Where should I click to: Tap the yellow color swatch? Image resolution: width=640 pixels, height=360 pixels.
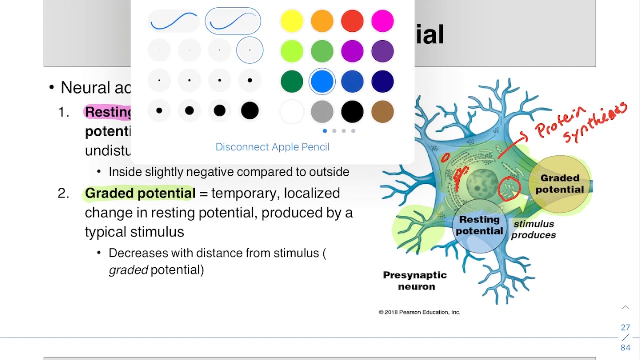[x=292, y=21]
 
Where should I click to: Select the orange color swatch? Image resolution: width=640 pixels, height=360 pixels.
[x=322, y=21]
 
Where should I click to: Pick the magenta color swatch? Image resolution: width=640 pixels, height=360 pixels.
[x=383, y=21]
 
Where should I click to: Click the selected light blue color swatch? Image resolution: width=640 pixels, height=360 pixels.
[x=322, y=81]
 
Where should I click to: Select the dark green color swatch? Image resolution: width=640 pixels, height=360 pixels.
[x=292, y=81]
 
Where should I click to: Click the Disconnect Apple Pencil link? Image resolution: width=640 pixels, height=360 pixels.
[x=272, y=147]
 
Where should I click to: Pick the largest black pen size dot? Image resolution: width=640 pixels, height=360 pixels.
[x=250, y=111]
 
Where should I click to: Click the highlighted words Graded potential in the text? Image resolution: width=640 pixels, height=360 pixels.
[x=140, y=193]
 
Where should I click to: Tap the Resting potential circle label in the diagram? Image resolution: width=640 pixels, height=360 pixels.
[x=479, y=225]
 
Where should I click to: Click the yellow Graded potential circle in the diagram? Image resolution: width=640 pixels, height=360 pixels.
[x=560, y=184]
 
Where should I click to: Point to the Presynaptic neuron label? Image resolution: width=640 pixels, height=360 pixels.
[x=415, y=281]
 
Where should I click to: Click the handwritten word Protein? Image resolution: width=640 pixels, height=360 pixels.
[x=560, y=122]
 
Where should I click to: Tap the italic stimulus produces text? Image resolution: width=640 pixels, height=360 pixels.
[x=534, y=229]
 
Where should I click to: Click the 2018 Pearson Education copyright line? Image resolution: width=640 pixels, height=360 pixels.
[x=419, y=312]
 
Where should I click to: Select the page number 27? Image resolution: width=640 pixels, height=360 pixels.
[x=625, y=328]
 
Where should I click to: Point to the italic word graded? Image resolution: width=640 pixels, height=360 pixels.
[x=128, y=270]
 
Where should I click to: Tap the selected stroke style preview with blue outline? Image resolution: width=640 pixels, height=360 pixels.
[x=233, y=21]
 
